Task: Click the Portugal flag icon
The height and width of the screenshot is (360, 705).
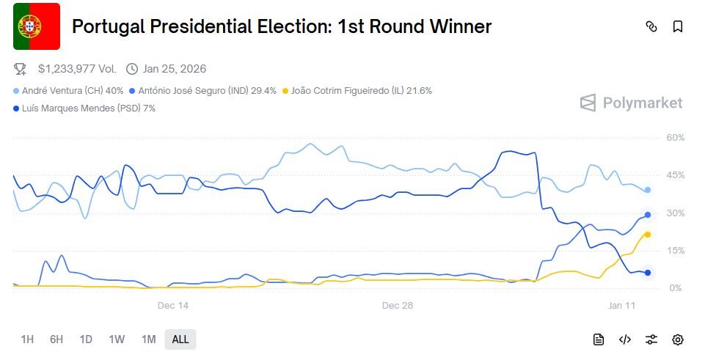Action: tap(37, 26)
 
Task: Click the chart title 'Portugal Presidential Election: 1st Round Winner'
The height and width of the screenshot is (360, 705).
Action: tap(282, 27)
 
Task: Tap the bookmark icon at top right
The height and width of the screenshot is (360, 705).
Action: tap(678, 27)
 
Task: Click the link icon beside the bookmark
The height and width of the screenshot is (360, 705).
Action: tap(651, 27)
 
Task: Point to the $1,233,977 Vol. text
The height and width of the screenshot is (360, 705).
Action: tap(77, 69)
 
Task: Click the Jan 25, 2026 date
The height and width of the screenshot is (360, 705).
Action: tap(175, 69)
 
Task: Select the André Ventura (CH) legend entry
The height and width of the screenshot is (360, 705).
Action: tap(67, 91)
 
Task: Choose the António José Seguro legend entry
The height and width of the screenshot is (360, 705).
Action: tap(202, 91)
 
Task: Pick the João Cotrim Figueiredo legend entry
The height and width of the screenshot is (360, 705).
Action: tap(357, 91)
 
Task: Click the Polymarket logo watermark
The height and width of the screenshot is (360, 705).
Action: tap(631, 103)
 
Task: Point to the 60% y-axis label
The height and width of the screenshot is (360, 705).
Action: tap(675, 138)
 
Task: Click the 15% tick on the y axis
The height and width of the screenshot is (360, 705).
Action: tap(675, 251)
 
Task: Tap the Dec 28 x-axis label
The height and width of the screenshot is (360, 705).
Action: tap(397, 305)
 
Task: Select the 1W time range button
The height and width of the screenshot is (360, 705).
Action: tap(117, 339)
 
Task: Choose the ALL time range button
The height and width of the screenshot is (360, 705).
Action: tap(180, 339)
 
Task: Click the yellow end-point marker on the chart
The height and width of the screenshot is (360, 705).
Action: tap(648, 235)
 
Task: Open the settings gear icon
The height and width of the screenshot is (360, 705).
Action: tap(678, 339)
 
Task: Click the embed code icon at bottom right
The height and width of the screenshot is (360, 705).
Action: tap(625, 339)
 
